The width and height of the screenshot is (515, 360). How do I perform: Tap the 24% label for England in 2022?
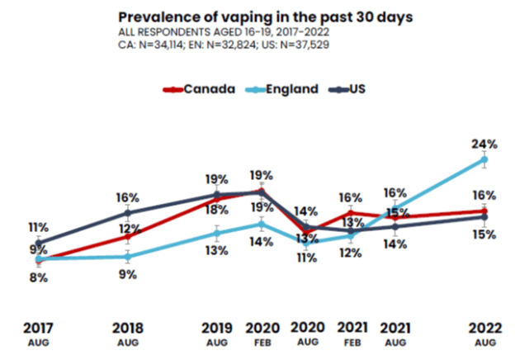point(484,141)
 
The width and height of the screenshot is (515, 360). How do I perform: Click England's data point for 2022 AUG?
point(484,160)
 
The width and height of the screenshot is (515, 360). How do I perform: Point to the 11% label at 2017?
point(39,227)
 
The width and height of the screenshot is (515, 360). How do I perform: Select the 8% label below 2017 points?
point(39,278)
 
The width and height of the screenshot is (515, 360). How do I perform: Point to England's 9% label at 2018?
point(128,275)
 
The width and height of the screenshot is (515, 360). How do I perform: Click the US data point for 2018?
point(128,213)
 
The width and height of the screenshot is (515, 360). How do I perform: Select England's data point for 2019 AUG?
point(217,234)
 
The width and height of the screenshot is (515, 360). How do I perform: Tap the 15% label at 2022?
point(484,235)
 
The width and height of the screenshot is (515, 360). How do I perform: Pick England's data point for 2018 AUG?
point(128,257)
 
